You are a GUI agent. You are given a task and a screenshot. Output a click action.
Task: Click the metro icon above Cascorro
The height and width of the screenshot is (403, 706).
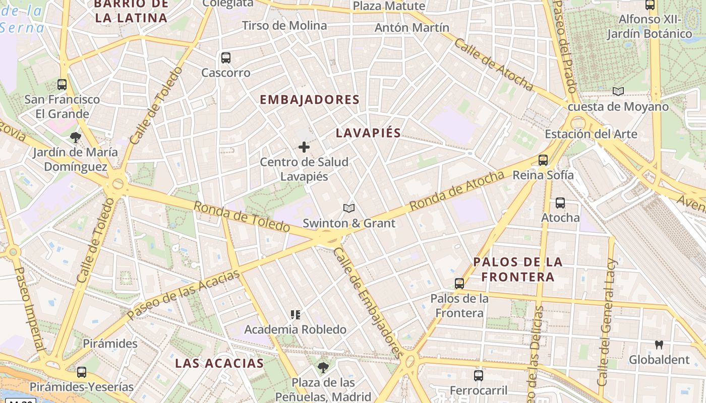coord(226,58)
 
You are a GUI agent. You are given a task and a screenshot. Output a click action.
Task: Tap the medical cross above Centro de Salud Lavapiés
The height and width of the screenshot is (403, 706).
coord(304,147)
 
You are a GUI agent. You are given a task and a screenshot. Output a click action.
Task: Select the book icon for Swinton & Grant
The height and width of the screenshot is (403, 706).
coord(348,208)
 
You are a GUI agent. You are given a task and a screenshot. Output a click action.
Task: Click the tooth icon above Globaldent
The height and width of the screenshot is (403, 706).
coord(659,345)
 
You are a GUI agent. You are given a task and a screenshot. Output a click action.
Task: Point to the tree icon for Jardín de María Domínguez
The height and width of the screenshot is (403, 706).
coord(76,137)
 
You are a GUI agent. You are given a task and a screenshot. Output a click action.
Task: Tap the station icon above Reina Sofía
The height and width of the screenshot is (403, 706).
coord(543,160)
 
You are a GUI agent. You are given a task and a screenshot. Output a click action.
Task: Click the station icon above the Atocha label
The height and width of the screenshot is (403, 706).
coord(560,203)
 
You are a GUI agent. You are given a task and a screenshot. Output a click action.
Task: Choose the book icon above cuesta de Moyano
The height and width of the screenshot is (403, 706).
coord(618,92)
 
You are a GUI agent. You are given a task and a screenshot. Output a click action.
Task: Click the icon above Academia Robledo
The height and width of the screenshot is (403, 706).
coord(296,315)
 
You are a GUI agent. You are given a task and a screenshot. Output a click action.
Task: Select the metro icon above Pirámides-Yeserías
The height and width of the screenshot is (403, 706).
coord(81,372)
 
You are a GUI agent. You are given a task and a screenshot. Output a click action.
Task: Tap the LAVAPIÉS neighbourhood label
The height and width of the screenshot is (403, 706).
coord(368,133)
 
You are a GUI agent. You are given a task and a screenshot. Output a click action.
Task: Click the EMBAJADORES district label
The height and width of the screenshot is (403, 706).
coord(310,100)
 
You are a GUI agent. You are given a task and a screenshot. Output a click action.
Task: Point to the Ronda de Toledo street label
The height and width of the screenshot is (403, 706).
coord(242,217)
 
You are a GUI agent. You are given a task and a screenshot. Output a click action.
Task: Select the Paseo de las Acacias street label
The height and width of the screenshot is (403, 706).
coord(184,295)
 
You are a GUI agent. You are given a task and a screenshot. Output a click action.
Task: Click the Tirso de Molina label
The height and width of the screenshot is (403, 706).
coord(284,26)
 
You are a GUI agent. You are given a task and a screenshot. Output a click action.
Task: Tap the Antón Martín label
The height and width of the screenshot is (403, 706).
coord(411,28)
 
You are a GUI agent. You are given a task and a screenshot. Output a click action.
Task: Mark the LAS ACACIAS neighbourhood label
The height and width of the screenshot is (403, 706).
coord(219,363)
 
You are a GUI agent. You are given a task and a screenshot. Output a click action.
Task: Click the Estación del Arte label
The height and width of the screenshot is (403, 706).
coord(591,135)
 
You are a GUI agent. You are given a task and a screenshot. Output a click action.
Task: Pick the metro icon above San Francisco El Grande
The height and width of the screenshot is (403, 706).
coord(62,85)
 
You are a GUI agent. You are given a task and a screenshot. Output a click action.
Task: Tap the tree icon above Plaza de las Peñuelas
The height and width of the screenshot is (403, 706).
coord(323,367)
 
